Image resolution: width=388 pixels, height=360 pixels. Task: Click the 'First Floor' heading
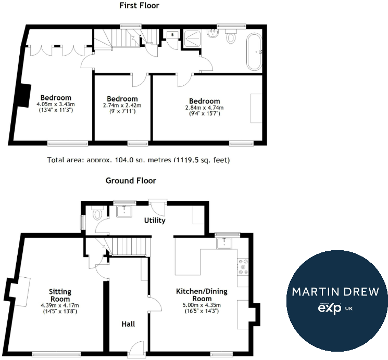pos(139,6)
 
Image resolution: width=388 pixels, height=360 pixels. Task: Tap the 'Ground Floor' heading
pos(131,181)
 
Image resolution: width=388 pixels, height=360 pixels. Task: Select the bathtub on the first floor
pos(255,52)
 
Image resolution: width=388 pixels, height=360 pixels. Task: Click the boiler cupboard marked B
pos(172,36)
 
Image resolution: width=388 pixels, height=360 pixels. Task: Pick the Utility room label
pos(155,220)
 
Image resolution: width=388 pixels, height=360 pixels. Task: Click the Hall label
pos(128,324)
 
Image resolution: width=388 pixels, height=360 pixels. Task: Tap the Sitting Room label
pos(60,295)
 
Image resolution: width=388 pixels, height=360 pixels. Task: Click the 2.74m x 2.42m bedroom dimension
pos(122,106)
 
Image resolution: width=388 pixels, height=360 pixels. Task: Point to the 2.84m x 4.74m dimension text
pos(204,108)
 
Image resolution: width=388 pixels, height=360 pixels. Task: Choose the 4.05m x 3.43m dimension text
pos(56,104)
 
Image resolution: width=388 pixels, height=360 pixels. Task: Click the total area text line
pos(138,160)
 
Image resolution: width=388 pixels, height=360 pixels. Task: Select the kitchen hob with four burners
pos(242,266)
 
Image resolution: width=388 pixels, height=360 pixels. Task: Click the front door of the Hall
pos(136,348)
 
